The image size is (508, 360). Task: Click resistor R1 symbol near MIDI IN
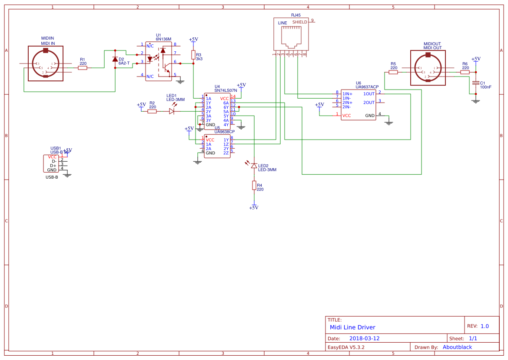83,68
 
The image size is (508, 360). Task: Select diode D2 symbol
115,59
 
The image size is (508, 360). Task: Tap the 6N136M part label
163,39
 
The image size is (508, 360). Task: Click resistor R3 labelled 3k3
193,55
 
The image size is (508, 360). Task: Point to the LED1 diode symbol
172,111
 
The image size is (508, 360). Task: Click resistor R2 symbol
152,111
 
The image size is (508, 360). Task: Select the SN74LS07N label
226,90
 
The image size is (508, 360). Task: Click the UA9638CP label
224,131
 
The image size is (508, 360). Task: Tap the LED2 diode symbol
254,166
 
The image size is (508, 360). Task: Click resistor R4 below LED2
254,186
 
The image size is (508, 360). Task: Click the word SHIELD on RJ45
299,22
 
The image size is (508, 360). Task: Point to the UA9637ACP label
367,87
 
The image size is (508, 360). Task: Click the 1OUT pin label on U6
369,94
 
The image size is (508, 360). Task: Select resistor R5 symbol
393,72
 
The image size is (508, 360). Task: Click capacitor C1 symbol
476,83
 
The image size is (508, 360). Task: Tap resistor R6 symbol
465,72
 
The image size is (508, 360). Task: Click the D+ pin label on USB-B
53,166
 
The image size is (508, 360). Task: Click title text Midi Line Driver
352,327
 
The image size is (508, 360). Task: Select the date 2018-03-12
364,338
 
